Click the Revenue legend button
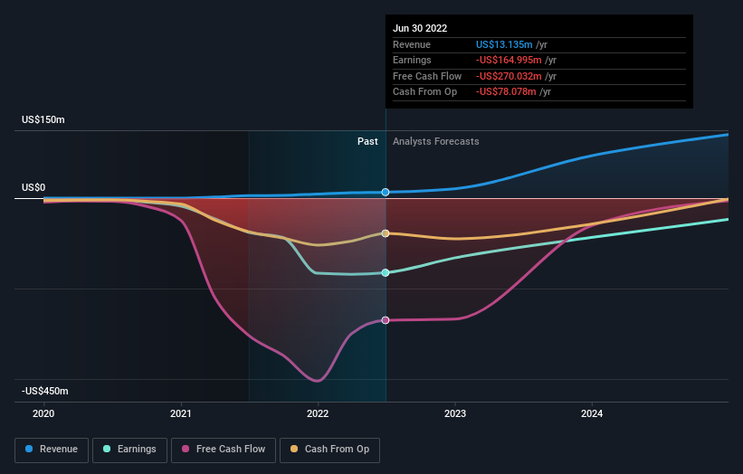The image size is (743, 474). [52, 449]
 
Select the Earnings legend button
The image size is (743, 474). [129, 449]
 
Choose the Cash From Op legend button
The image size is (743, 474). [329, 449]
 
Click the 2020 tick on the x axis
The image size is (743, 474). [43, 413]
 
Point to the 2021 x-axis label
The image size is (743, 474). [181, 413]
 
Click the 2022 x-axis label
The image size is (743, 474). [318, 413]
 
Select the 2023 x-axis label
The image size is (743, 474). [455, 413]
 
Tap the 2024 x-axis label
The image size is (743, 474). [592, 413]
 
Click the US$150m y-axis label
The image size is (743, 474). [43, 120]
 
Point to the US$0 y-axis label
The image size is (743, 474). [33, 187]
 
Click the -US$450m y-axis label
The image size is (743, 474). [45, 391]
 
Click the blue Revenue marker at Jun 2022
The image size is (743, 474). [386, 192]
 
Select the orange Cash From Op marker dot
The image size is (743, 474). [386, 233]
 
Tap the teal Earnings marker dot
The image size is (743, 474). [386, 272]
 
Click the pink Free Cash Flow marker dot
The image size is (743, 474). [386, 320]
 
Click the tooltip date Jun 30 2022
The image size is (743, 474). [420, 29]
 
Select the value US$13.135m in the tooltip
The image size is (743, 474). [504, 45]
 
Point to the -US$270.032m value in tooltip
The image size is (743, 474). [509, 76]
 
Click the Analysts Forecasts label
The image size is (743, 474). [435, 141]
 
